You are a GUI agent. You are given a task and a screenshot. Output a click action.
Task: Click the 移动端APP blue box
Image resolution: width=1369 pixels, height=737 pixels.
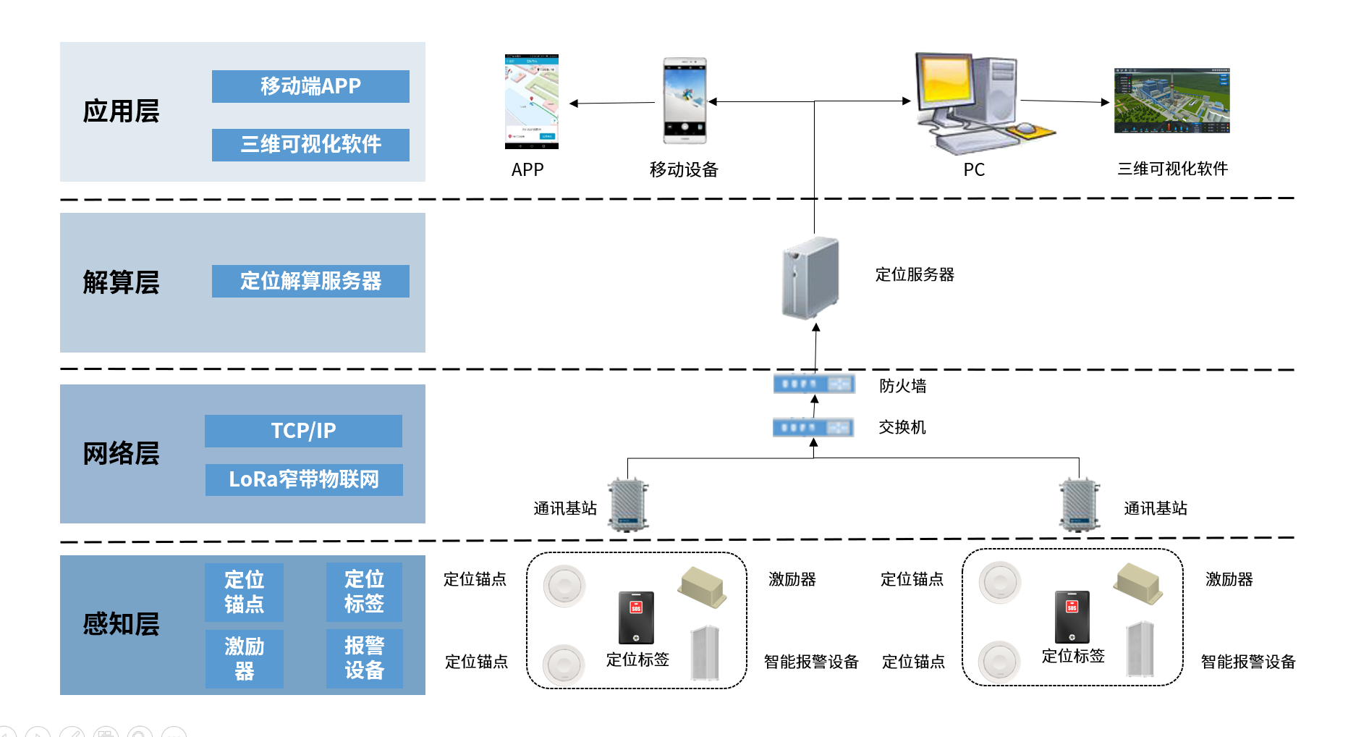coord(310,86)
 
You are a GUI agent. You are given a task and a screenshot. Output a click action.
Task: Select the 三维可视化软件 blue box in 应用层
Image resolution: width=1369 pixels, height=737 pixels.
coord(310,145)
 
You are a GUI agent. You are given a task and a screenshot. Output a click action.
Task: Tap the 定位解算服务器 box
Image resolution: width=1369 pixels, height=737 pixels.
coord(310,281)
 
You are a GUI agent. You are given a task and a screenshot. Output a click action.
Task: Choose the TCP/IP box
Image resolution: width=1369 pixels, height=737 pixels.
coord(303,431)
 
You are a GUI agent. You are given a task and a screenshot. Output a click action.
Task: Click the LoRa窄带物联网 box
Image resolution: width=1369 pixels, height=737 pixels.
coord(304,479)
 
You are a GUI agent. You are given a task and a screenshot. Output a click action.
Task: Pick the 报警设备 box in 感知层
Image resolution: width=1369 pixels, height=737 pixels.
coord(364,658)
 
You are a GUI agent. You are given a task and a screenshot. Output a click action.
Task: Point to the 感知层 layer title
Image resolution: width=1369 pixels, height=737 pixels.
coord(121,624)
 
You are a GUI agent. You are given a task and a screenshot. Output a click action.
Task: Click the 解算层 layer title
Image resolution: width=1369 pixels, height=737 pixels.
coord(121,282)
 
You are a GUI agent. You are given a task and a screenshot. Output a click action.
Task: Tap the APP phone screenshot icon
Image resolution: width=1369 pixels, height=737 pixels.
coord(532,101)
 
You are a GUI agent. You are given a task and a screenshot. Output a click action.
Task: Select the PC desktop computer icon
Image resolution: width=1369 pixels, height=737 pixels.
coord(973,101)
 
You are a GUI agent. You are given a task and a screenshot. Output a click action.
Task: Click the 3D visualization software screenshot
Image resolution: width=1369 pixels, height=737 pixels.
coord(1171,101)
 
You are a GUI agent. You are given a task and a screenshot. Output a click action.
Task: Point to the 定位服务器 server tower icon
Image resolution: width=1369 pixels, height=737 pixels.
coord(811,278)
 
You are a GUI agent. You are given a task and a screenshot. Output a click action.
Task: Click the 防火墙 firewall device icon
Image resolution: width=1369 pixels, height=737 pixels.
coord(814,384)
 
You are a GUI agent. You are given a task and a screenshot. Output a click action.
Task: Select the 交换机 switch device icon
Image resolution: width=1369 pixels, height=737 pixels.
coord(813,427)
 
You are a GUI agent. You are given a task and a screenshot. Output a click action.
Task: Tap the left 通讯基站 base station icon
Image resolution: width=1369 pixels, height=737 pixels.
coord(628,505)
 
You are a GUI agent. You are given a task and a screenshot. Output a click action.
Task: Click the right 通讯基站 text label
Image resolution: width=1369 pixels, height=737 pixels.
coord(1155,508)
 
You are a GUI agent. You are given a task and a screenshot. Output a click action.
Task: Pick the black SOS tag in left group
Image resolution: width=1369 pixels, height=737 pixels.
coord(636,618)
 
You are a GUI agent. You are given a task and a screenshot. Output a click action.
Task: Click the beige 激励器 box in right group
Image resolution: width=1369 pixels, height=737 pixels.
coord(1138,584)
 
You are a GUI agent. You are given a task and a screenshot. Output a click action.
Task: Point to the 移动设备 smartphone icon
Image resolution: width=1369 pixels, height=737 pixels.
coord(684,101)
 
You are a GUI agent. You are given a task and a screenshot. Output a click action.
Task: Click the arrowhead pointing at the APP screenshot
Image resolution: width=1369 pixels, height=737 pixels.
coord(574,104)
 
